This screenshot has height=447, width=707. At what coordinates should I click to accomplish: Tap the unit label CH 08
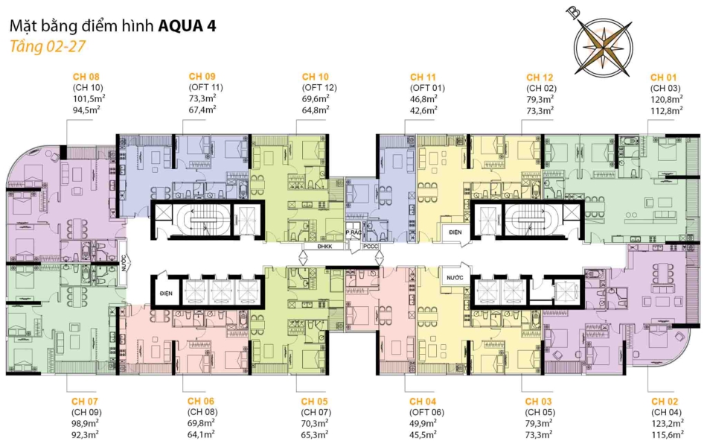coord(86,77)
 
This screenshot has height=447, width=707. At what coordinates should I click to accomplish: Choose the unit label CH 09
coord(202,77)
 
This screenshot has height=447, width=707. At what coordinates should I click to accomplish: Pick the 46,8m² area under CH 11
coord(423,98)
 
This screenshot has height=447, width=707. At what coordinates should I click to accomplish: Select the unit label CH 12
coord(540,77)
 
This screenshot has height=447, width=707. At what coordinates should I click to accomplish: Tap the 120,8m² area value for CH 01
coord(663,98)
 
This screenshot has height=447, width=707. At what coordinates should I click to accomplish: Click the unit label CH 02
coord(663,401)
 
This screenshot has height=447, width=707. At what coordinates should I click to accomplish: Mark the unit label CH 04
coord(423,401)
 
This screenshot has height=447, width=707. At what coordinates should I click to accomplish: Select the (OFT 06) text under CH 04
coord(423,412)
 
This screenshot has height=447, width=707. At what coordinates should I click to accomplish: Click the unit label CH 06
coord(202,401)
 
